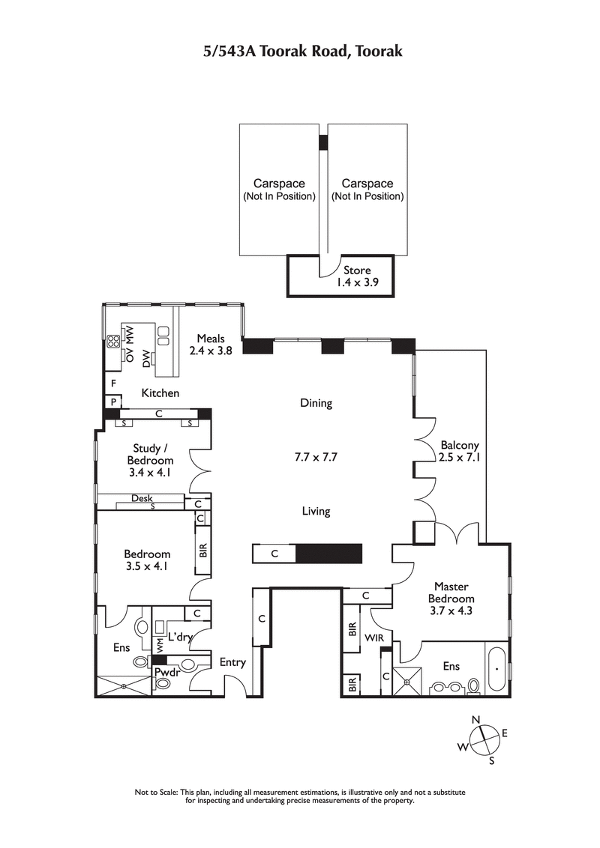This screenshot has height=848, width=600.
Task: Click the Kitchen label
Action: [160, 393]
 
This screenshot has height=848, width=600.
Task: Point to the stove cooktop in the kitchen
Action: [114, 342]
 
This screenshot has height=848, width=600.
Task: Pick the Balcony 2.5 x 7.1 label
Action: [459, 451]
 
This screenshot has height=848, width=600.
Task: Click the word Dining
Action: [316, 403]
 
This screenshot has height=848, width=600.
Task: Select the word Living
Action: [316, 512]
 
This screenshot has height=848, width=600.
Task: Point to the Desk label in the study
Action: [142, 498]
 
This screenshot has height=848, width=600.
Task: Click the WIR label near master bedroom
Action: [374, 638]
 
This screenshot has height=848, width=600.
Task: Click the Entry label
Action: [232, 662]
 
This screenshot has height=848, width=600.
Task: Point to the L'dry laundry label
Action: [181, 637]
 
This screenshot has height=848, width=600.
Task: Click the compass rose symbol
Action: [484, 739]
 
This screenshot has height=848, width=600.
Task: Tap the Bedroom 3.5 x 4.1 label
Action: [147, 560]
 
